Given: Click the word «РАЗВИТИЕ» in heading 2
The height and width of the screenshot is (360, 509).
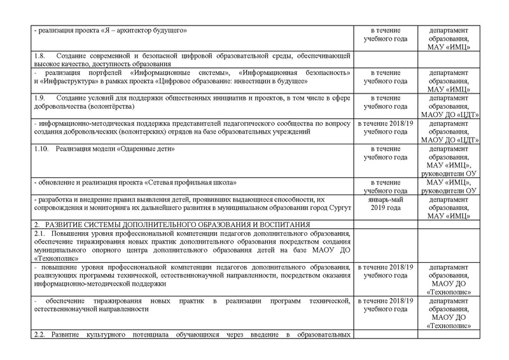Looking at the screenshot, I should (x=66, y=224).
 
